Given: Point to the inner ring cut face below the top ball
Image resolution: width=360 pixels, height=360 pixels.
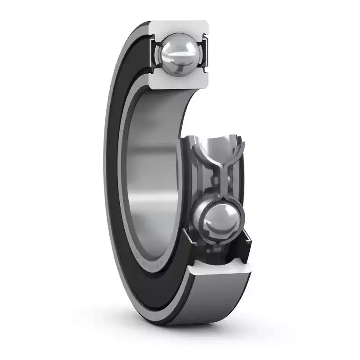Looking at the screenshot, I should coord(180,81).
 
